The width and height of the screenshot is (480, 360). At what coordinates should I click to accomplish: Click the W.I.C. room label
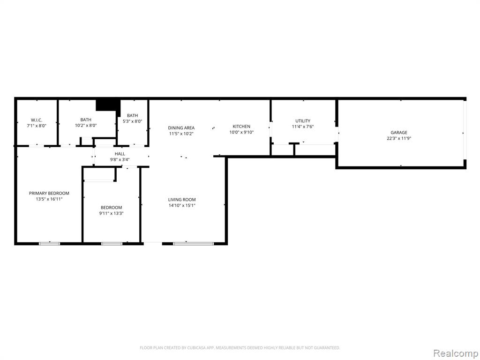37,120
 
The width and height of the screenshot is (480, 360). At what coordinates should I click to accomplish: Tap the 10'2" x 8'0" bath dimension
86,125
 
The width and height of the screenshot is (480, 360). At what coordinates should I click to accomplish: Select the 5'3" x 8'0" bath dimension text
132,121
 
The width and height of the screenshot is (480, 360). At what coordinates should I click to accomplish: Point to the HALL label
120,154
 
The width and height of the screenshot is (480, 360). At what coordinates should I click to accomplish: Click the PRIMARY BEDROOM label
49,193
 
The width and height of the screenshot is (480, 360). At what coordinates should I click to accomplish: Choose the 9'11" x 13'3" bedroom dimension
111,213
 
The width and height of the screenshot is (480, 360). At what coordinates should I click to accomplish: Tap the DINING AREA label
181,127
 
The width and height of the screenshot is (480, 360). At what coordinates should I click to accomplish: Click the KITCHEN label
241,126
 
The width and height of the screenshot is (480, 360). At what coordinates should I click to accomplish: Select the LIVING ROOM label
182,200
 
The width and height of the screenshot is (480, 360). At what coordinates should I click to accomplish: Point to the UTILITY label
303,120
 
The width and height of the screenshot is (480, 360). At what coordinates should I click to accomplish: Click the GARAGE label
399,133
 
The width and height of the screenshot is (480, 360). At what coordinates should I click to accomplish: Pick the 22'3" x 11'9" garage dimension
399,138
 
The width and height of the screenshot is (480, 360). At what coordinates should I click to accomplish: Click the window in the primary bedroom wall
49,244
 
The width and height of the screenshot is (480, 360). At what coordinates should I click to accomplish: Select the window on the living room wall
193,244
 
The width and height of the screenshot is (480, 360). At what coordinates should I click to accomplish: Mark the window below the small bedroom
112,244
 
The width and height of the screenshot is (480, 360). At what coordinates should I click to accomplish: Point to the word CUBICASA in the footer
192,348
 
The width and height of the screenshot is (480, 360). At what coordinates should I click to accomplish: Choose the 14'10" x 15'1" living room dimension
182,205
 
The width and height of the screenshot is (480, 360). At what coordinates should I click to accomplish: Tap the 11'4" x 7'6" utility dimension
303,127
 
